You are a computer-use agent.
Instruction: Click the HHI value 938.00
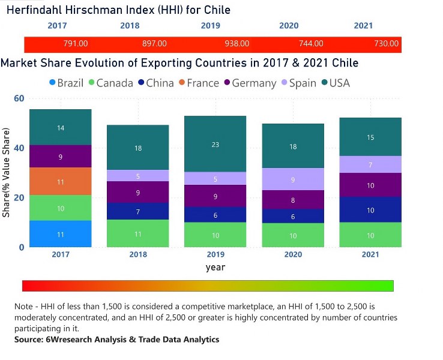point(237,44)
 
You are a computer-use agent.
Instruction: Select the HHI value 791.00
point(76,44)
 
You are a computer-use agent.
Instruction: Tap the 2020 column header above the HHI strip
point(289,26)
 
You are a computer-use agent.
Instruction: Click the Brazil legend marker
point(52,83)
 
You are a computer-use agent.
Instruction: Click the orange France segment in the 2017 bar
point(61,181)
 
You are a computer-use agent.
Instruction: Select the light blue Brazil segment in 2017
point(61,234)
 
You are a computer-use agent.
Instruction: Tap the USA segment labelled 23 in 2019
point(215,144)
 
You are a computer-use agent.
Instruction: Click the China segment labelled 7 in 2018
point(138,211)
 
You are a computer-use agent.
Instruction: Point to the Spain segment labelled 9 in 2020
point(292,179)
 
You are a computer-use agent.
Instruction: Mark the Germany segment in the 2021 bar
point(370,185)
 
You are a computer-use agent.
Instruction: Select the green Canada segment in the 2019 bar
point(215,235)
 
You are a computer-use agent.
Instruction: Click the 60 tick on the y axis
point(19,98)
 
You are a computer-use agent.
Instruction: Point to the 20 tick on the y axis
point(19,197)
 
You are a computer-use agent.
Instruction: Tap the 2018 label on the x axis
point(138,254)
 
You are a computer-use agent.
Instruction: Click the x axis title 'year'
point(215,267)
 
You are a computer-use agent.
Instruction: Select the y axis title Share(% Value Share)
point(7,172)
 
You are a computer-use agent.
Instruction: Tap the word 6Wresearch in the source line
point(70,340)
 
